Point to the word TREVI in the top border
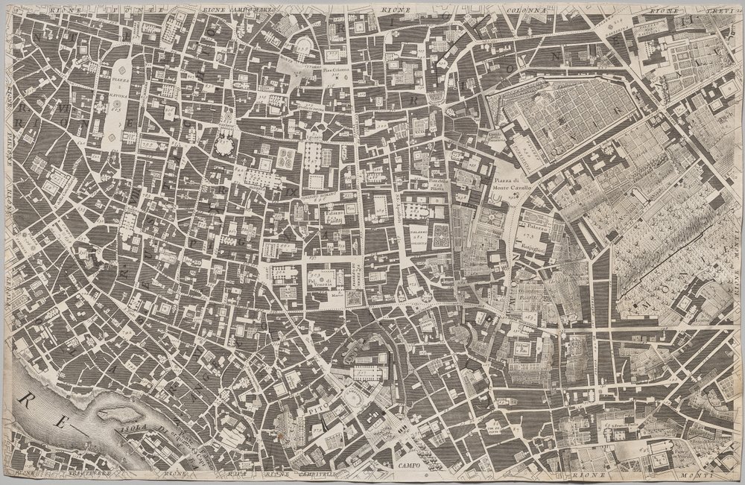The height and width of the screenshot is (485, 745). pos(706,10)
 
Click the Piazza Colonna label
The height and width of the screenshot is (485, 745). pos(336,72)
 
